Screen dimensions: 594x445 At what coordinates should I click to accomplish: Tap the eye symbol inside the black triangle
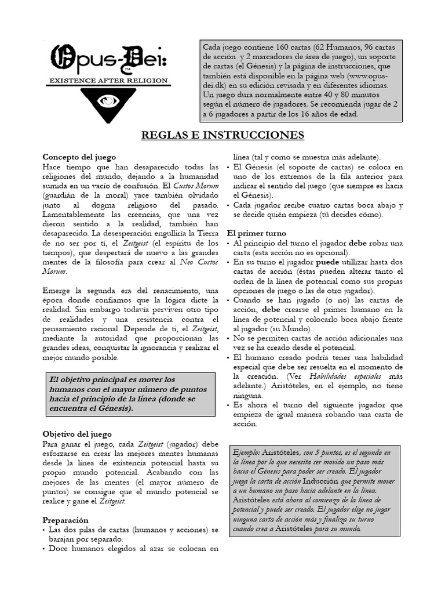point(108,100)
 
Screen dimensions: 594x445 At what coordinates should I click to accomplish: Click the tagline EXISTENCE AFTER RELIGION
point(108,80)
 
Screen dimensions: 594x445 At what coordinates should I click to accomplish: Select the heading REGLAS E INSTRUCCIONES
point(223,135)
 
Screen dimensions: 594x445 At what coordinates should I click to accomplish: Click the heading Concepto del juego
point(79,157)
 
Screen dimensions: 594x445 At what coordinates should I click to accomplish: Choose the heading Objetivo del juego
point(77,434)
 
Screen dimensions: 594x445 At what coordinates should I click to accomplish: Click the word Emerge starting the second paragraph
point(56,290)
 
